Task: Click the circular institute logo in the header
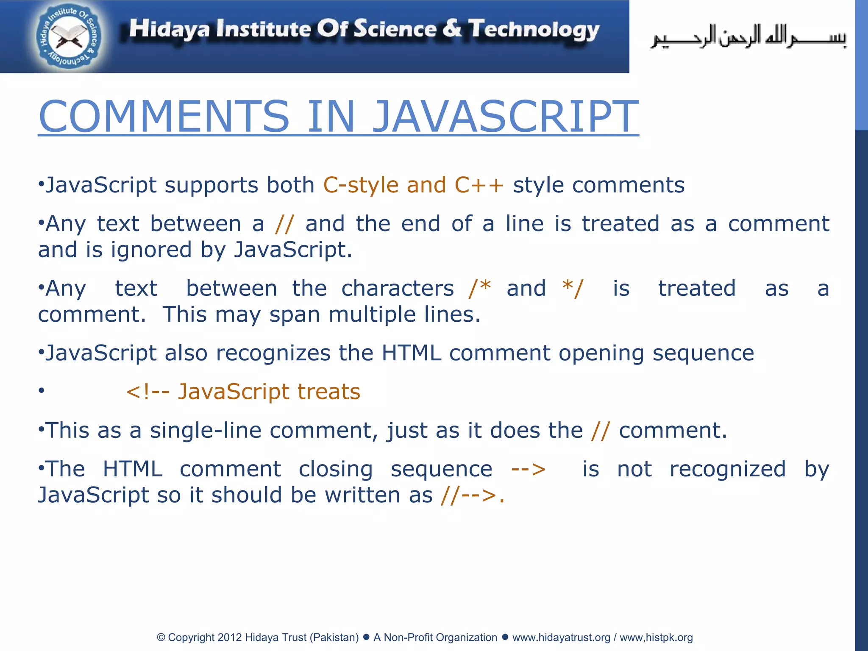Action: pos(69,37)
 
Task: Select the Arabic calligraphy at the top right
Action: pos(748,37)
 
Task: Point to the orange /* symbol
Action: pos(480,288)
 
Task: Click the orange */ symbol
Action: pos(573,288)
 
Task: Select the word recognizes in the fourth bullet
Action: pos(273,353)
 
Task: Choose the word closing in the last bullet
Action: pos(336,469)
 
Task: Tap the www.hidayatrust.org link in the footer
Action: pos(561,637)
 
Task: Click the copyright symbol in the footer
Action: pos(161,637)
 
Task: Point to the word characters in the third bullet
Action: pos(398,289)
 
